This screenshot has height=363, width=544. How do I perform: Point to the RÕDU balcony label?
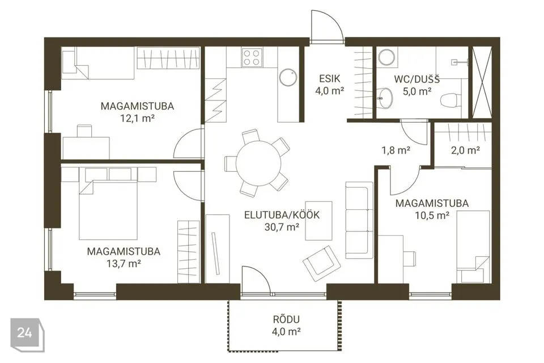tap(286, 319)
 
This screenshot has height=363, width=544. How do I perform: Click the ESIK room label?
tap(330, 79)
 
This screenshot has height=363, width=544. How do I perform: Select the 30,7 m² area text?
tap(282, 227)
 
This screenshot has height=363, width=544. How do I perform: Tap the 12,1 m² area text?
tap(137, 118)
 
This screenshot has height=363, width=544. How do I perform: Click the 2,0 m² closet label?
tap(465, 150)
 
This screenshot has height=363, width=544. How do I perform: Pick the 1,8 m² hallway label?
tap(396, 150)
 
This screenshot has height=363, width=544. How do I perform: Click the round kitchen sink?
tap(288, 78)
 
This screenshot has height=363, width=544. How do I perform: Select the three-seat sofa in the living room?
tap(359, 220)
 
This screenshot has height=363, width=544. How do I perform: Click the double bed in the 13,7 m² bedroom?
tap(108, 210)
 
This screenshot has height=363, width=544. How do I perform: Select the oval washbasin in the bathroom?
tap(385, 98)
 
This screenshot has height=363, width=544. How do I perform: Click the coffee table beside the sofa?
tap(319, 220)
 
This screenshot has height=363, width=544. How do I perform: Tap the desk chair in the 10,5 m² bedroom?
tap(410, 259)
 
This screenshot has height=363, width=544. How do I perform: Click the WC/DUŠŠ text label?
tap(416, 79)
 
